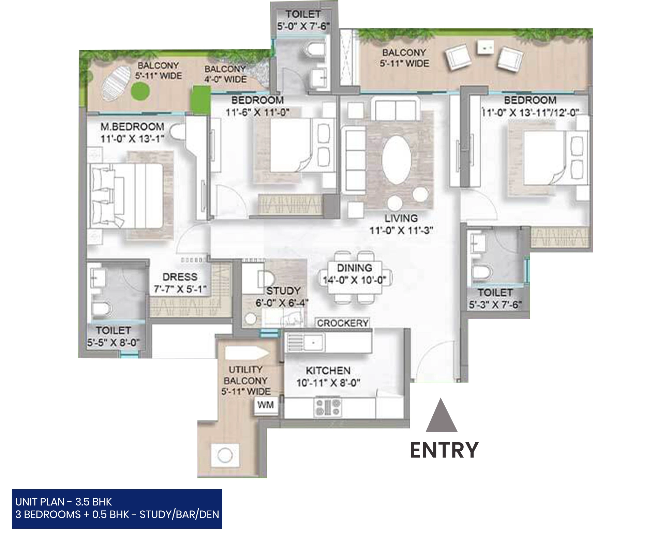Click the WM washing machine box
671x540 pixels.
click(266, 405)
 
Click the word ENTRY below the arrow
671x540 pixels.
click(444, 450)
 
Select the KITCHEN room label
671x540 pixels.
click(328, 371)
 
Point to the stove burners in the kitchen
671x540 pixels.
click(327, 407)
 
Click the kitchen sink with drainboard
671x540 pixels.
click(305, 342)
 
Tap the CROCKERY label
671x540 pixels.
click(343, 323)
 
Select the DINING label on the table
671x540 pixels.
click(355, 268)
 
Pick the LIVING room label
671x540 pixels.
click(401, 218)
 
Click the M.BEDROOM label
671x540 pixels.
click(132, 127)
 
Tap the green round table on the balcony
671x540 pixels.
click(140, 91)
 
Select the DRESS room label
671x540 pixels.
click(180, 277)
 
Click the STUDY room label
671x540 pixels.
click(283, 291)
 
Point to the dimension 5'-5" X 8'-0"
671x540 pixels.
click(113, 343)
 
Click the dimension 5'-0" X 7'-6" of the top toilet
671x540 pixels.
click(303, 26)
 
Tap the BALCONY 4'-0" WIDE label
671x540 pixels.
click(225, 74)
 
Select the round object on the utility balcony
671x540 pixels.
click(225, 455)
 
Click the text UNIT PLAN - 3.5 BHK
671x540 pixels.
click(63, 502)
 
